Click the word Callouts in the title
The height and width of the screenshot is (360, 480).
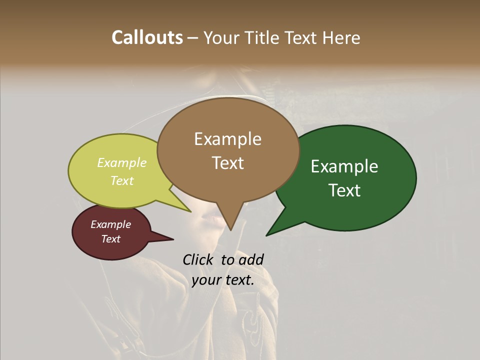147,37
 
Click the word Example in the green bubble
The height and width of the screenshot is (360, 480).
344,166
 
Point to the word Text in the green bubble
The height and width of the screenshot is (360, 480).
344,190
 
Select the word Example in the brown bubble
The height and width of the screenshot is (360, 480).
227,139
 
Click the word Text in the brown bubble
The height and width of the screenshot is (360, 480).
227,162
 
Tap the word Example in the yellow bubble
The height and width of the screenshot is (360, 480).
122,162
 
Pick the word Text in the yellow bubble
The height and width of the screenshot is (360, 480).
122,180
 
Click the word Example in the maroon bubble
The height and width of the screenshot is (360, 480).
111,224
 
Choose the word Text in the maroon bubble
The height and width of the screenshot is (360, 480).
111,239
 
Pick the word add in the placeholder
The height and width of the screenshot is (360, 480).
251,259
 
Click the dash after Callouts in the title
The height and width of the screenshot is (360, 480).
193,38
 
